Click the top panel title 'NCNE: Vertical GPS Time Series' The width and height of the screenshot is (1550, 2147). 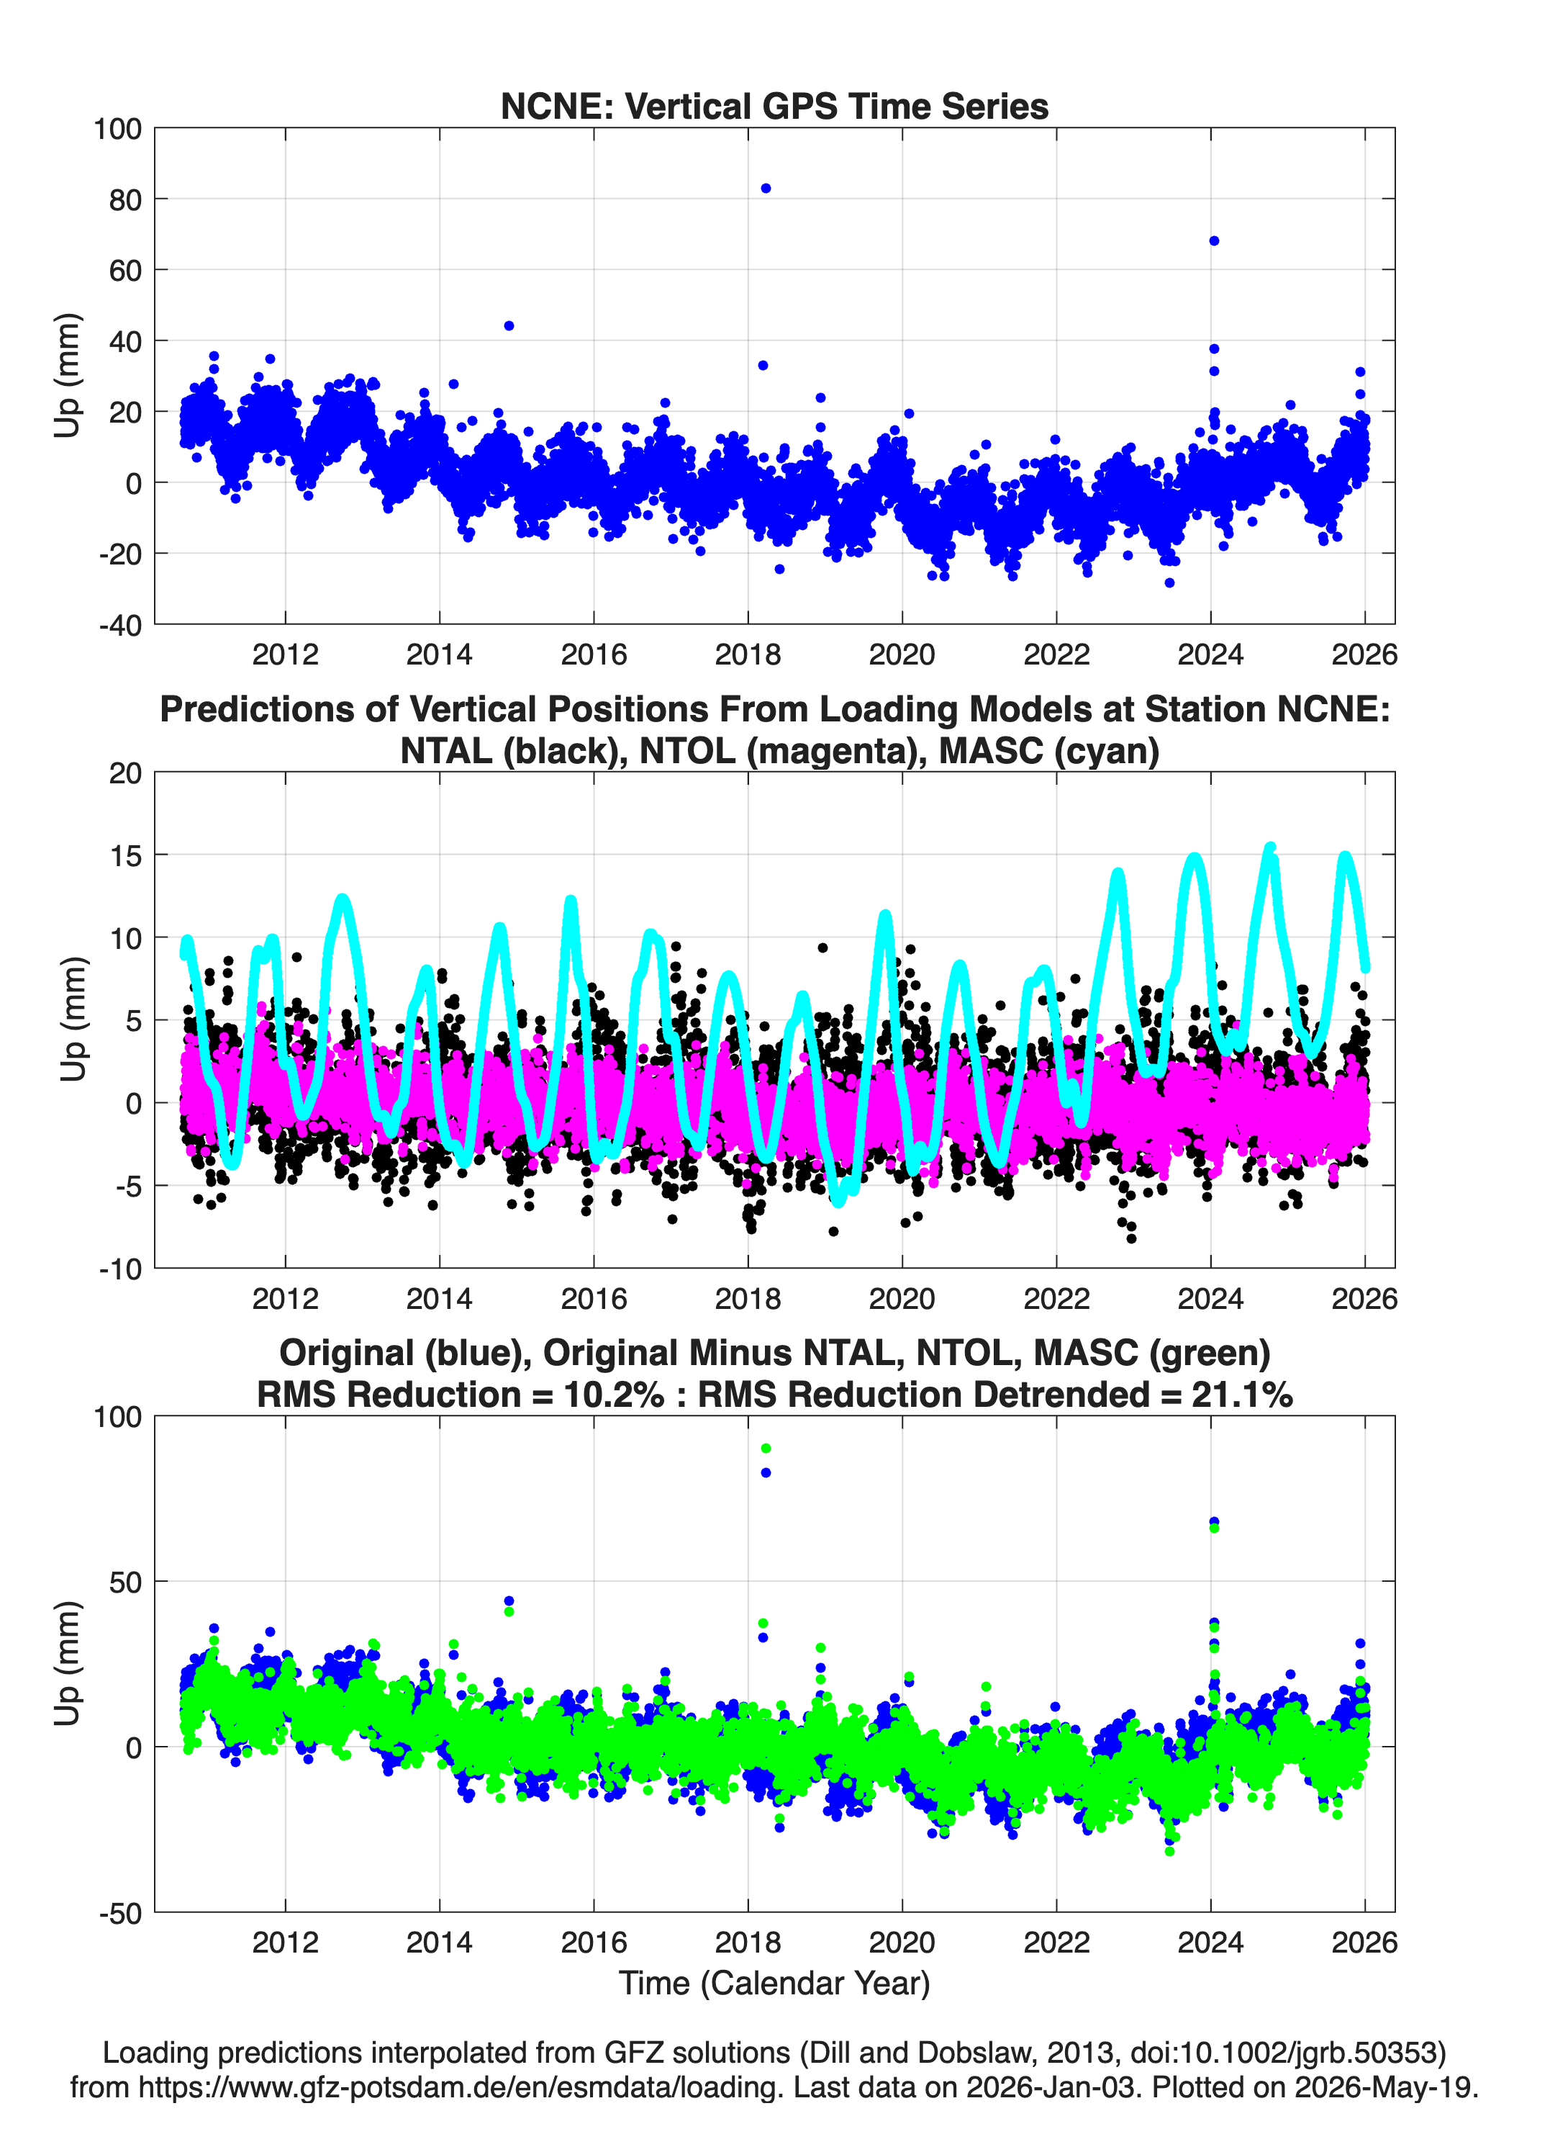pos(774,106)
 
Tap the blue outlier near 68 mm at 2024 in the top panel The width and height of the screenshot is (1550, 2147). pos(1214,240)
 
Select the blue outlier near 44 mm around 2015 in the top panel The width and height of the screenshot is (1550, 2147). pos(509,325)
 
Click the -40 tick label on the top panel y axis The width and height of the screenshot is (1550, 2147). pos(120,625)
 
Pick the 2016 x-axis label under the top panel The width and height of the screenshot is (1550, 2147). pos(594,654)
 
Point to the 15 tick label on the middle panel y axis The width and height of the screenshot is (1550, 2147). pos(126,856)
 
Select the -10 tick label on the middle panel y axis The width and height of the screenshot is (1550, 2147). pos(120,1269)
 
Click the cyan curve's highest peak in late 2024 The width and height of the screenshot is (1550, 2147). pos(1271,848)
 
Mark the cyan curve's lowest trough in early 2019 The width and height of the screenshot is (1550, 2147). pos(838,1200)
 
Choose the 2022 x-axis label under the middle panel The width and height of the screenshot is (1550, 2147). pos(1056,1299)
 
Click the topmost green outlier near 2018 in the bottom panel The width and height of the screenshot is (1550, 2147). pos(766,1449)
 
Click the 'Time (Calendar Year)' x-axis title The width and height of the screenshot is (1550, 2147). pos(774,1984)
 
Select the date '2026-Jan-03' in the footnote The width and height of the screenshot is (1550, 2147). pos(1051,2087)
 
